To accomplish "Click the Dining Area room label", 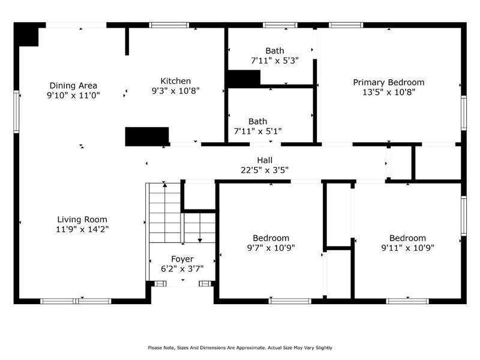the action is pyautogui.click(x=73, y=85).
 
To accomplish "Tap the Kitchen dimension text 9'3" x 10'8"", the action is pyautogui.click(x=175, y=91).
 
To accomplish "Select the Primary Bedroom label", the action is pyautogui.click(x=389, y=82).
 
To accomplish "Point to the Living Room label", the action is pyautogui.click(x=82, y=220).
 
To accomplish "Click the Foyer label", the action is pyautogui.click(x=182, y=259).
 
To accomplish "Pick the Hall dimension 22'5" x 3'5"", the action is pyautogui.click(x=265, y=170).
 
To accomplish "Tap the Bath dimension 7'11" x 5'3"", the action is pyautogui.click(x=275, y=61).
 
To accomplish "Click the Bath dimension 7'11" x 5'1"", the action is pyautogui.click(x=258, y=131).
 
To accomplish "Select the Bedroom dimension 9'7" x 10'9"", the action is pyautogui.click(x=271, y=248).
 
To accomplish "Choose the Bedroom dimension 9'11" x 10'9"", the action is pyautogui.click(x=407, y=248).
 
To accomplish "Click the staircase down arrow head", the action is pyautogui.click(x=200, y=241).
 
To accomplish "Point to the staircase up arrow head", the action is pyautogui.click(x=165, y=184).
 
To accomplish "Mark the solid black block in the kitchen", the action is pyautogui.click(x=147, y=137).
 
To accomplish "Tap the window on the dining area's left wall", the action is pyautogui.click(x=16, y=112).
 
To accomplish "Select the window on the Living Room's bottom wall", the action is pyautogui.click(x=76, y=301).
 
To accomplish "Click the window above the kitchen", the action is pyautogui.click(x=169, y=25).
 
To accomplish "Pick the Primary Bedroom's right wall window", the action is pyautogui.click(x=464, y=113).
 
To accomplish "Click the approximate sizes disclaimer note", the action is pyautogui.click(x=240, y=347).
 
